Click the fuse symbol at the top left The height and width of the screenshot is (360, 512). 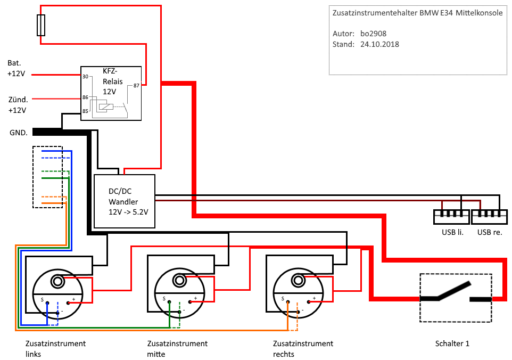click(x=41, y=25)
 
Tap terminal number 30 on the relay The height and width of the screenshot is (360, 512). click(x=85, y=76)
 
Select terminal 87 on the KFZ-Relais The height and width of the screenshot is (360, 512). click(x=136, y=85)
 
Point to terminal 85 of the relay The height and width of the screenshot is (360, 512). click(x=85, y=111)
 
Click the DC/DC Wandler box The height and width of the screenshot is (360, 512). click(x=125, y=201)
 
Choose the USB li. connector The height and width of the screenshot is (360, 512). click(x=451, y=216)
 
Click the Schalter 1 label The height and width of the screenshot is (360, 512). click(x=452, y=343)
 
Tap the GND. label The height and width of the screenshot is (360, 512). click(x=19, y=133)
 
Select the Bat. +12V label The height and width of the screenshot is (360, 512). click(x=16, y=68)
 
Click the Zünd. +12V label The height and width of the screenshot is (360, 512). click(x=18, y=104)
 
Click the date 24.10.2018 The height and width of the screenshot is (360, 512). click(x=379, y=44)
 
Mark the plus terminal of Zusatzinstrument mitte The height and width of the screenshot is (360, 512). click(x=195, y=298)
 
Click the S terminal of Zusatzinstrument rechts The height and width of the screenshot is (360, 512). click(x=283, y=299)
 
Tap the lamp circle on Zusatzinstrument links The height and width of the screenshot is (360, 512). click(x=57, y=281)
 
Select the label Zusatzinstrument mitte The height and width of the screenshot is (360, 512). click(x=177, y=348)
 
